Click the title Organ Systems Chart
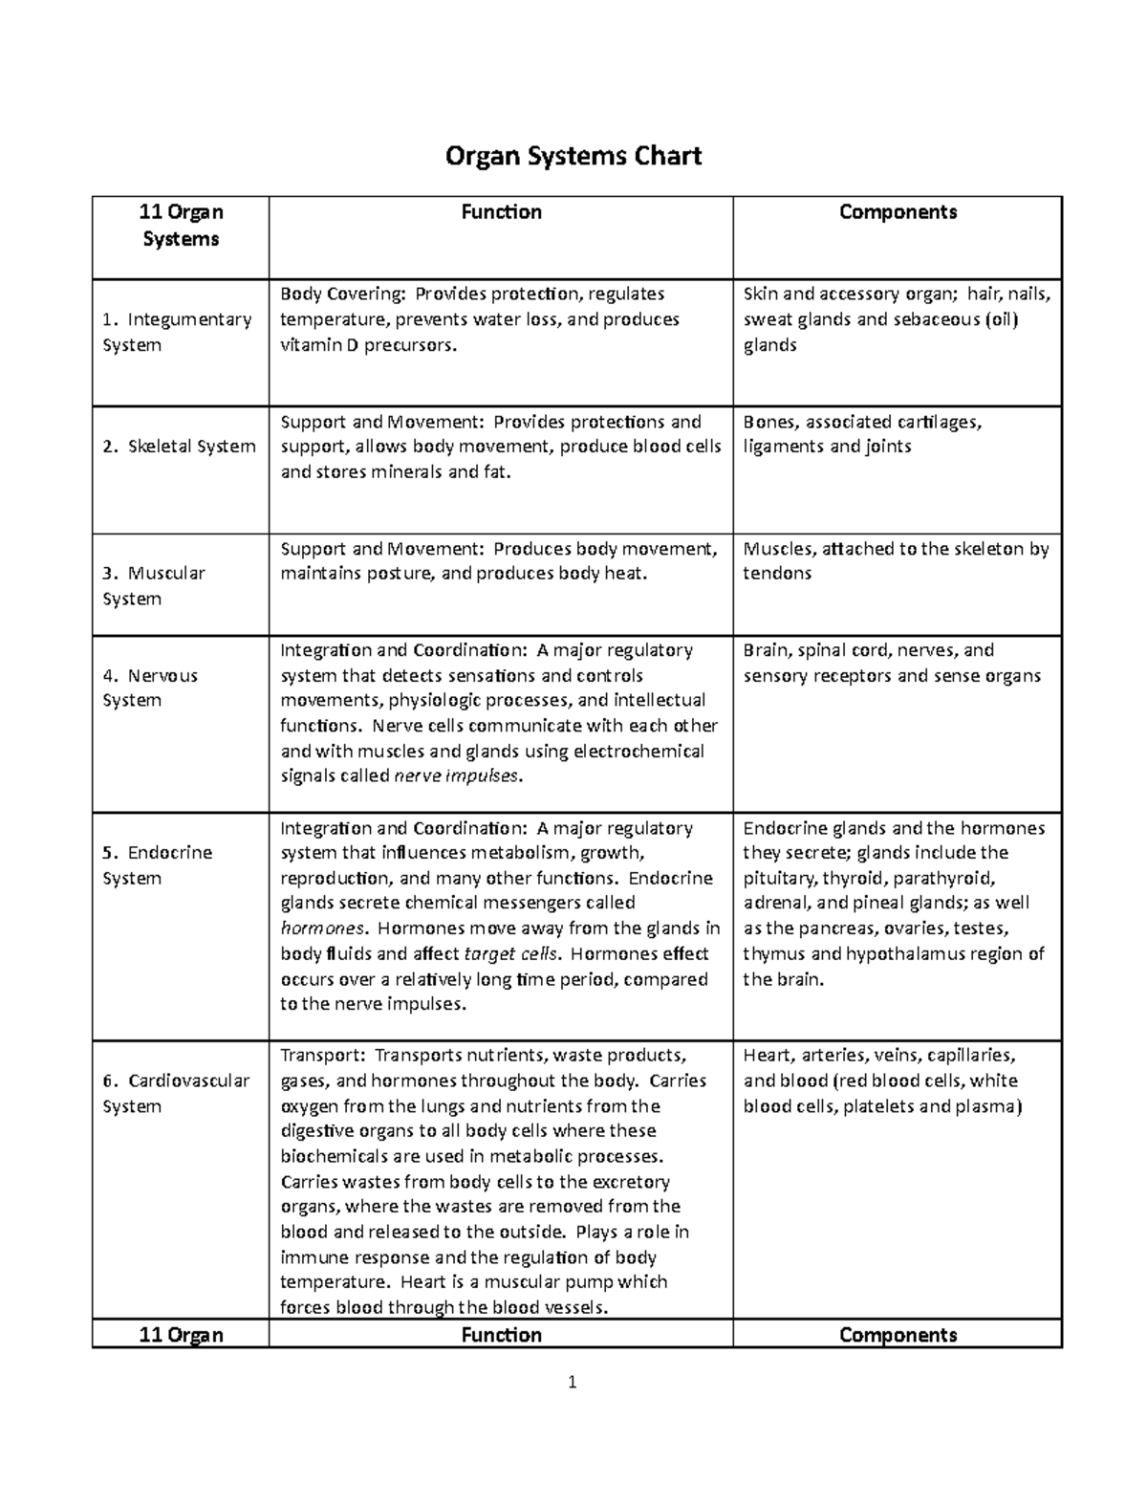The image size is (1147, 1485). (x=573, y=155)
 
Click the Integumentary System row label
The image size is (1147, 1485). (x=177, y=332)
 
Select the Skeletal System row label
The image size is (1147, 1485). (x=180, y=447)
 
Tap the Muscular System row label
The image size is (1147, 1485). (x=154, y=585)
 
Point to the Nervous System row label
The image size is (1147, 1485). (x=150, y=688)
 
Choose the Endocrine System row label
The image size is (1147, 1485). (x=158, y=864)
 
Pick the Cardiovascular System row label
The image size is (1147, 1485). (x=176, y=1093)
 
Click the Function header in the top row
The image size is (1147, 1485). (x=501, y=212)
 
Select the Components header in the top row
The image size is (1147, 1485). (x=898, y=212)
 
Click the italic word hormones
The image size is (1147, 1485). (x=322, y=928)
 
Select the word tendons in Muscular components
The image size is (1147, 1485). (x=777, y=574)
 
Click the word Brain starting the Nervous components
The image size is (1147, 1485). (x=766, y=650)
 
